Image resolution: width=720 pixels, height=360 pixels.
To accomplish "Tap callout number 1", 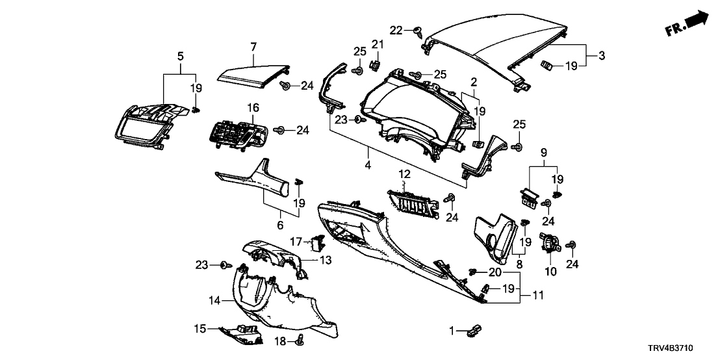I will click(454, 331).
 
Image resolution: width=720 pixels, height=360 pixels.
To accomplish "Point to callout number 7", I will click(253, 46).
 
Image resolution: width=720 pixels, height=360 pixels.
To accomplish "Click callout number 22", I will click(396, 30).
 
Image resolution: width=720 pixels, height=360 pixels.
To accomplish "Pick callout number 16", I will click(252, 108).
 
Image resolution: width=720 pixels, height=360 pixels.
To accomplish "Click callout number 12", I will click(405, 175).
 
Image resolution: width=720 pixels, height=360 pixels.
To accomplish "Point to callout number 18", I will click(281, 341).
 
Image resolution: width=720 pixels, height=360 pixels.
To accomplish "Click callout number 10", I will click(551, 272).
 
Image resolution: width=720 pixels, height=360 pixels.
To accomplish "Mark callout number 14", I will click(215, 301).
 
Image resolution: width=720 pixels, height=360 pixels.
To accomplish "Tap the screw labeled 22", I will click(417, 30).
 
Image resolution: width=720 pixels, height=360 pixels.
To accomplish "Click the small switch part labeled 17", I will click(318, 243).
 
